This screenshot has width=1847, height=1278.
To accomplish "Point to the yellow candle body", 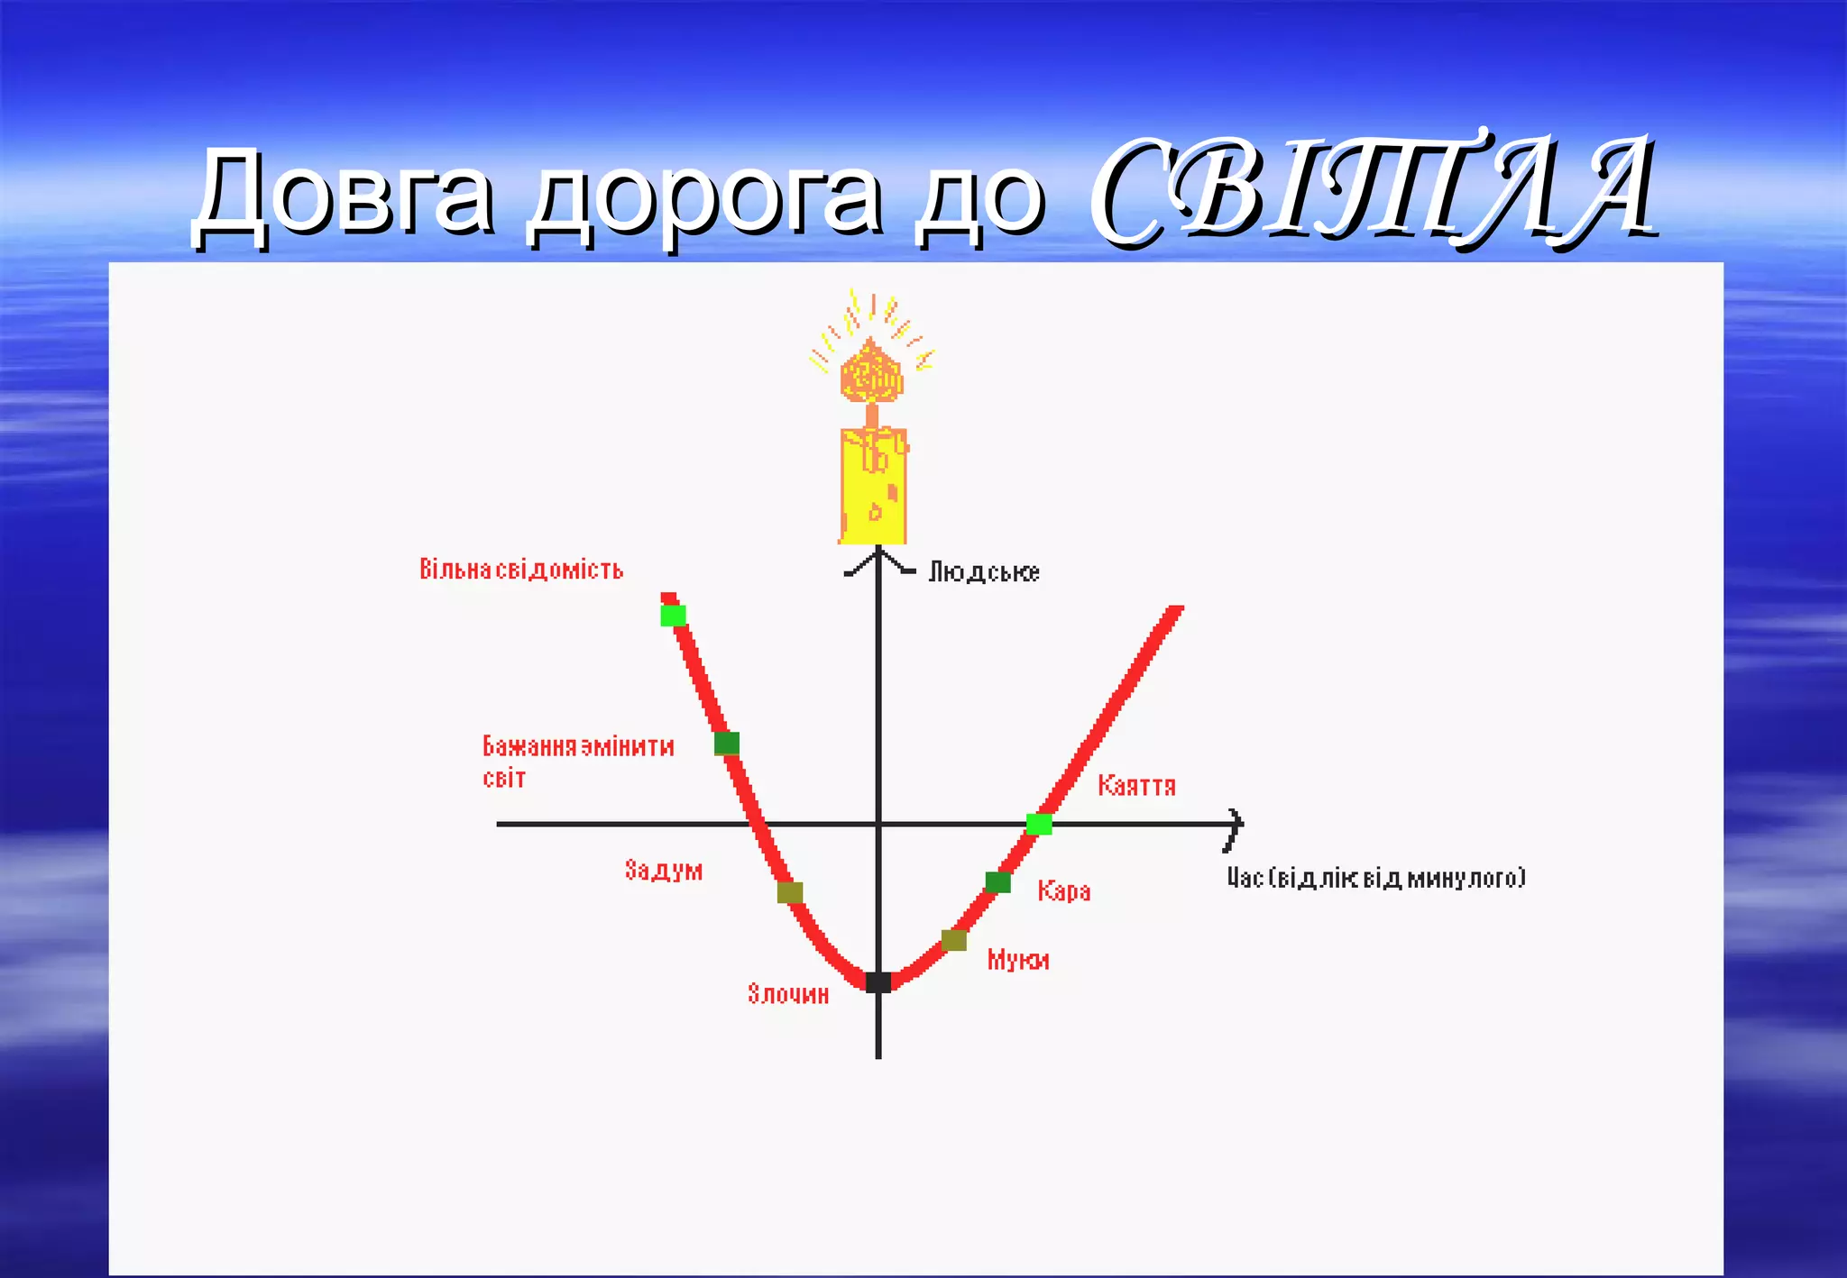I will pos(873,487).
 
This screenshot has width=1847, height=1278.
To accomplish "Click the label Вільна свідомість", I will pos(521,570).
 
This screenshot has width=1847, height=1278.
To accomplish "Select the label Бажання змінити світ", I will pos(578,762).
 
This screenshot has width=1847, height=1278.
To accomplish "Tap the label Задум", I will pos(664,870).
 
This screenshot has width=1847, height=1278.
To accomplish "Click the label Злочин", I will pos(788,994).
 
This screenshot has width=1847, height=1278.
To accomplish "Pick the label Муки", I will pos(1018,960).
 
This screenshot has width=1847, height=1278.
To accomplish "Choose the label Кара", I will pos(1064,891).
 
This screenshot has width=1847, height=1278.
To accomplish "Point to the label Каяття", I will pos(1136,786).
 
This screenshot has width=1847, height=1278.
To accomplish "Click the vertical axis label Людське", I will pos(984,572).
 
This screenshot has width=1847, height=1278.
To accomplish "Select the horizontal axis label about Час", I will pos(1376,878).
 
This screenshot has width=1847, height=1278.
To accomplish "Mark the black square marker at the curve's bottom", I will pos(878,982).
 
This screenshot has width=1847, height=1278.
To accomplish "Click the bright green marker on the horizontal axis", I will pos(1039,824).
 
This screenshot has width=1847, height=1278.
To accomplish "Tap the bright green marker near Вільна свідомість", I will pos(674,616).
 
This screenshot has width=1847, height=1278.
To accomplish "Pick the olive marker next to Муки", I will pos(954,940).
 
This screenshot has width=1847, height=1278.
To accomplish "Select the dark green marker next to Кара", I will pos(997,881).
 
